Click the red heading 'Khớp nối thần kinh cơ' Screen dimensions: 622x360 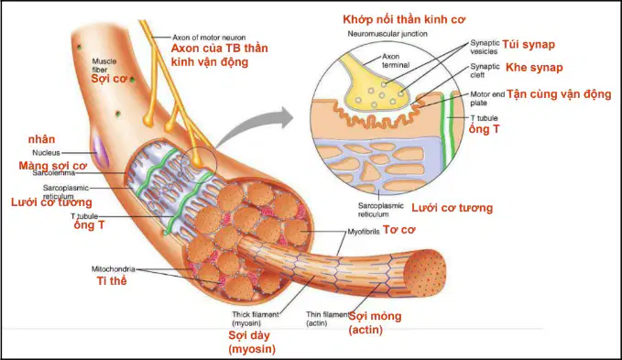click(404, 19)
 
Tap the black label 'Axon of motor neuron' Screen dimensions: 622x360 click(209, 38)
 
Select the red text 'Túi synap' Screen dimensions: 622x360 click(529, 45)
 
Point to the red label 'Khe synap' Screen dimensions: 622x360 click(534, 68)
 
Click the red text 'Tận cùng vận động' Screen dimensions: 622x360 click(559, 94)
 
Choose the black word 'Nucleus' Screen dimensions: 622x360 click(46, 153)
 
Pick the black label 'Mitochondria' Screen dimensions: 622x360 click(113, 268)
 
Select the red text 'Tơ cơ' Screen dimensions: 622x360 click(399, 230)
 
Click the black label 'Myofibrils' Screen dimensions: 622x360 click(364, 232)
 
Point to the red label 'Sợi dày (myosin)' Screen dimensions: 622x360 click(252, 343)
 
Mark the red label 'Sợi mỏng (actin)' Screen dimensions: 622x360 click(375, 322)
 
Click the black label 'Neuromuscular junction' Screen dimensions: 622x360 click(387, 34)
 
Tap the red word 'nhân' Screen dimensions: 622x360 click(41, 139)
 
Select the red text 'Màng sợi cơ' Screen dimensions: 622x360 click(53, 166)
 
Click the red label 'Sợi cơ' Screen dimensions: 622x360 click(109, 79)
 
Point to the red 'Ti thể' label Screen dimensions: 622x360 click(112, 280)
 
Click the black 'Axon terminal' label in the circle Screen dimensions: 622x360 click(396, 60)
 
